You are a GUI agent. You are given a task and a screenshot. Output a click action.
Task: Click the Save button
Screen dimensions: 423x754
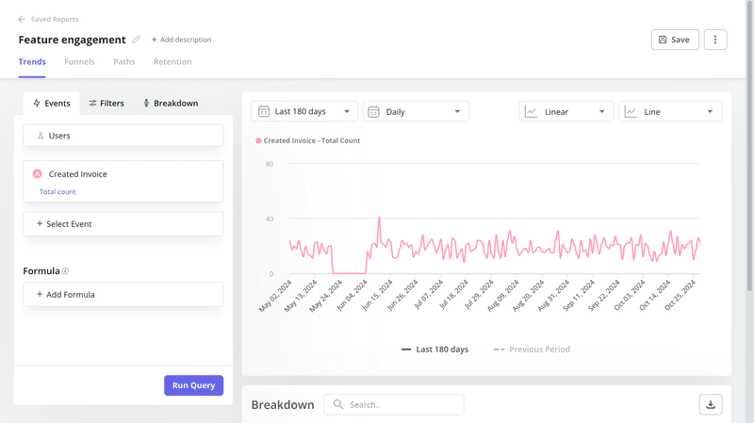(x=674, y=40)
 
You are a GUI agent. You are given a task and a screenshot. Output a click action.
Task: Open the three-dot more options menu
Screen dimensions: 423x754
(x=715, y=40)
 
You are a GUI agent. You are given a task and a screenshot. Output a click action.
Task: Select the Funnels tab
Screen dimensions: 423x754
(x=79, y=62)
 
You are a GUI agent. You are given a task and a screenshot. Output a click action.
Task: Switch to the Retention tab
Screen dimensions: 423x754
(x=172, y=62)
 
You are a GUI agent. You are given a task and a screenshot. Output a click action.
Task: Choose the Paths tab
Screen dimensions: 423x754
(x=123, y=62)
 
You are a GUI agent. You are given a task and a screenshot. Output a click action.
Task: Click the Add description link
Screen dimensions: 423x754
(x=181, y=40)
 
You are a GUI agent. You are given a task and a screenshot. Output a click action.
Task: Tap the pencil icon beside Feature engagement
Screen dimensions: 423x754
(x=136, y=40)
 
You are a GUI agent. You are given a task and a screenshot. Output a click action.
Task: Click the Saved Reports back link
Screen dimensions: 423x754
(x=48, y=19)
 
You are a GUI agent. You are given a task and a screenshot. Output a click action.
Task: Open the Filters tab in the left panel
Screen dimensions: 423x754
(x=107, y=103)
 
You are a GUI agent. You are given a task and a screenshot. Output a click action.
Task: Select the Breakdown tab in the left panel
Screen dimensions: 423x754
(x=170, y=103)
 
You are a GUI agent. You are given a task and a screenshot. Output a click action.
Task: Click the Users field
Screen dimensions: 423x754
(x=123, y=136)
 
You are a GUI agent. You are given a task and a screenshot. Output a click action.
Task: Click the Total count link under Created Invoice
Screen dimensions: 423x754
(x=57, y=192)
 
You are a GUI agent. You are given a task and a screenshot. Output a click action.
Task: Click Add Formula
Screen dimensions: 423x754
(x=123, y=295)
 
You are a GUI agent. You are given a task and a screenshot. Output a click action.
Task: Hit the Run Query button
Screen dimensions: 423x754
(x=193, y=385)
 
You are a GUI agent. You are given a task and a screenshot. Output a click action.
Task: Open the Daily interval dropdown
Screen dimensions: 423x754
(x=416, y=111)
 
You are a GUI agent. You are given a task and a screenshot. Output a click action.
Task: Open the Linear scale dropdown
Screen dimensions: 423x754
(x=565, y=111)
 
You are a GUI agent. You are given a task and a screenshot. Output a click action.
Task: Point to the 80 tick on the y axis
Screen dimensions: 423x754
(x=270, y=164)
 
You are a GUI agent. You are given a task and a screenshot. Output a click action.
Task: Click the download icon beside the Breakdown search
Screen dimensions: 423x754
(x=711, y=404)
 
